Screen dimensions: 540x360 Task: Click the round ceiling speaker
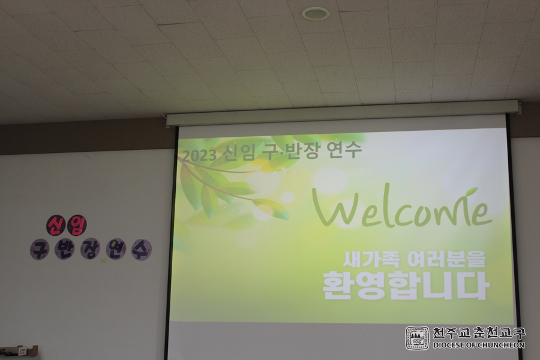point(316,13)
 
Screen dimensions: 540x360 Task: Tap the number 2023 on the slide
point(199,155)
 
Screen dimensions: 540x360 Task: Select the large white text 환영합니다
point(406,285)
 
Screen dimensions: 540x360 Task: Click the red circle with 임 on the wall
point(76,226)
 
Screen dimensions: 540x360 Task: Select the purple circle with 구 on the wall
point(39,249)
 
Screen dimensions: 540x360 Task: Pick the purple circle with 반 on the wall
point(64,249)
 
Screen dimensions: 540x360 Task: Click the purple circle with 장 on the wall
point(90,249)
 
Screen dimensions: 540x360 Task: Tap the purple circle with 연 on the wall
point(116,249)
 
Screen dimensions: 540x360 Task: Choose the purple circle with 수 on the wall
point(142,250)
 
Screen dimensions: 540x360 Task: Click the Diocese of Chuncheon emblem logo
point(417,338)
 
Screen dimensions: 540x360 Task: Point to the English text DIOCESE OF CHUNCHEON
point(479,345)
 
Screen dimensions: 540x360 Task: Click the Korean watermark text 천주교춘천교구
point(479,333)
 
